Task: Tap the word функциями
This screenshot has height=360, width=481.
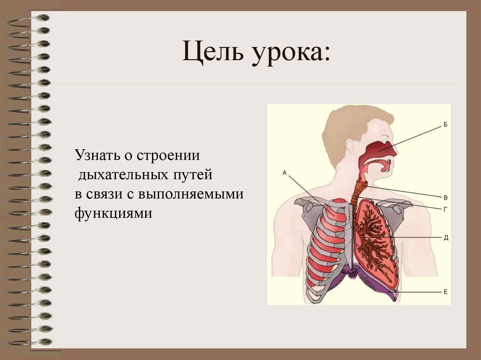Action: [x=113, y=214]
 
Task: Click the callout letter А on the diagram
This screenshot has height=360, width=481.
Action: [x=285, y=173]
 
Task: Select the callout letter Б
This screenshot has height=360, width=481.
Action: [x=445, y=124]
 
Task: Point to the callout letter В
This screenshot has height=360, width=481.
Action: [x=445, y=197]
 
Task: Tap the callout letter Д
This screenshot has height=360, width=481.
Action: [x=446, y=237]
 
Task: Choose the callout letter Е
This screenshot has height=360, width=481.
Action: [x=445, y=291]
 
